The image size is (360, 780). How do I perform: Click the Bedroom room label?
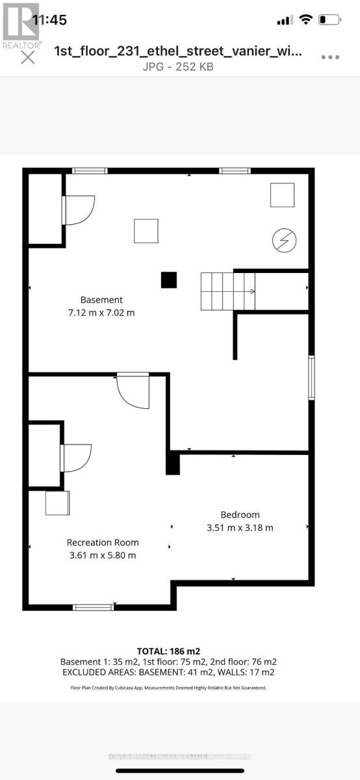[240, 514]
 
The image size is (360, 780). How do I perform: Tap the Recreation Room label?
[103, 542]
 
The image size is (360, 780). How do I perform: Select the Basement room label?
[101, 300]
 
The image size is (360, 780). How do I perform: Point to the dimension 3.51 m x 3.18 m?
[240, 527]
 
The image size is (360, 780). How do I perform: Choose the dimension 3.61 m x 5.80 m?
[103, 555]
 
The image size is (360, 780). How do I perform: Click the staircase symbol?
[227, 291]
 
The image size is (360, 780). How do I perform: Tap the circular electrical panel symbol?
[284, 240]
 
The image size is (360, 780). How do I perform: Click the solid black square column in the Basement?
[169, 279]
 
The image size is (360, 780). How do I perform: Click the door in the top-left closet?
[79, 210]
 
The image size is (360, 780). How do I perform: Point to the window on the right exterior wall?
[312, 377]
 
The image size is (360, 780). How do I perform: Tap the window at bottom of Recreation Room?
[93, 607]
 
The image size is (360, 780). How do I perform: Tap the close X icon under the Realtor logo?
[28, 57]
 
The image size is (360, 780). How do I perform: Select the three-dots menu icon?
[330, 57]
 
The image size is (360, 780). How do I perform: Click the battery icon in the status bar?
[330, 20]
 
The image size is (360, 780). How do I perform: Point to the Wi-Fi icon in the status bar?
[305, 20]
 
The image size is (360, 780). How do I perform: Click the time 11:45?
[49, 20]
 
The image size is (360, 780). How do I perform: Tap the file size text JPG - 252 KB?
[177, 66]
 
